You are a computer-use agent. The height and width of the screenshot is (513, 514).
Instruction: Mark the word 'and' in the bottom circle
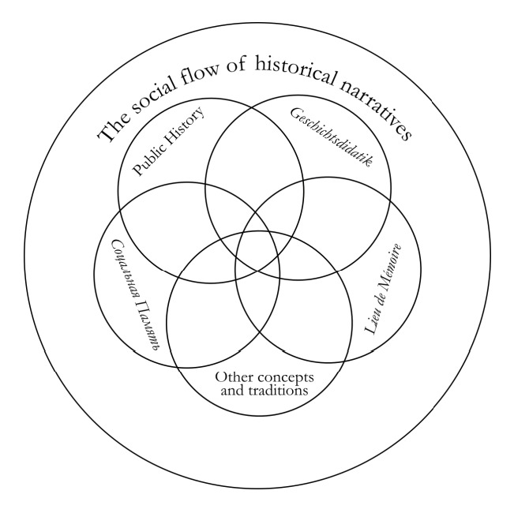click(228, 390)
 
